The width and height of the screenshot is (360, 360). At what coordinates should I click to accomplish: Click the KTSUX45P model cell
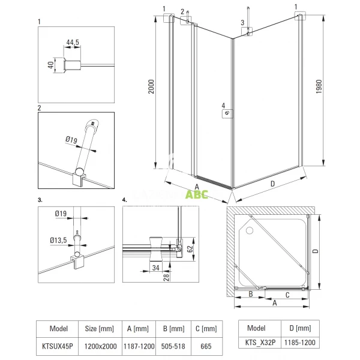57,346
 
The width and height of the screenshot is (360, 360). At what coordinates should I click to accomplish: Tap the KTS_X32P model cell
256,343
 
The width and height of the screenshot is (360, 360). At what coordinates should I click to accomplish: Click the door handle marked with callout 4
229,112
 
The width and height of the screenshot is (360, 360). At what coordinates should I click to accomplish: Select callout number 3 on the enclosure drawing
242,23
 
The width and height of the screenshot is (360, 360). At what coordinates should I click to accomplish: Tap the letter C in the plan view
287,295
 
